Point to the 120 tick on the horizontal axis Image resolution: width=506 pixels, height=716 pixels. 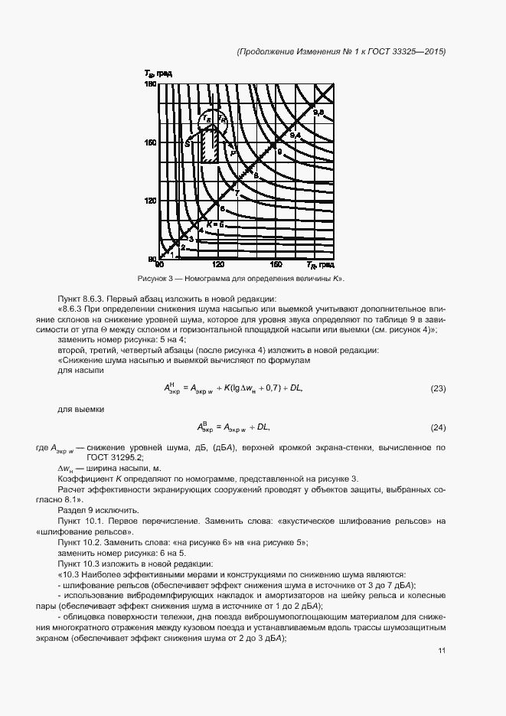218,265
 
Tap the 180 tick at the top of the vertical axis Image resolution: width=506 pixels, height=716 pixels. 149,83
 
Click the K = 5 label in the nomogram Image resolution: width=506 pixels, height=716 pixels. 214,224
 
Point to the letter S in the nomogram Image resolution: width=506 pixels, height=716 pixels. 187,142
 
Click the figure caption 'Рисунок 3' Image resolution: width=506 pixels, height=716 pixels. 157,278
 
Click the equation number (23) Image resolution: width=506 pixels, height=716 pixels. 438,389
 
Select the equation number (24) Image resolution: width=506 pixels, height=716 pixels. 438,427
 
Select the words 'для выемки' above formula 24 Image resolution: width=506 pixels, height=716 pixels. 81,409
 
